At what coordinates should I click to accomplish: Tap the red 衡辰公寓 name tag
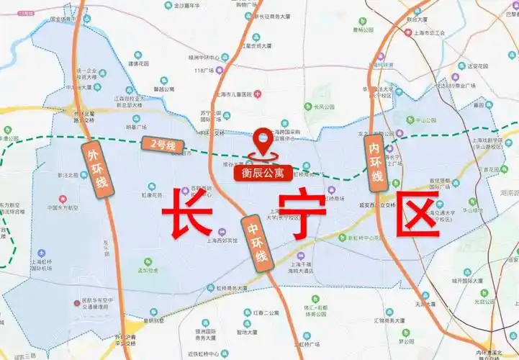263,173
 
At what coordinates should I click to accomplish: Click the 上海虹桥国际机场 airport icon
42,253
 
